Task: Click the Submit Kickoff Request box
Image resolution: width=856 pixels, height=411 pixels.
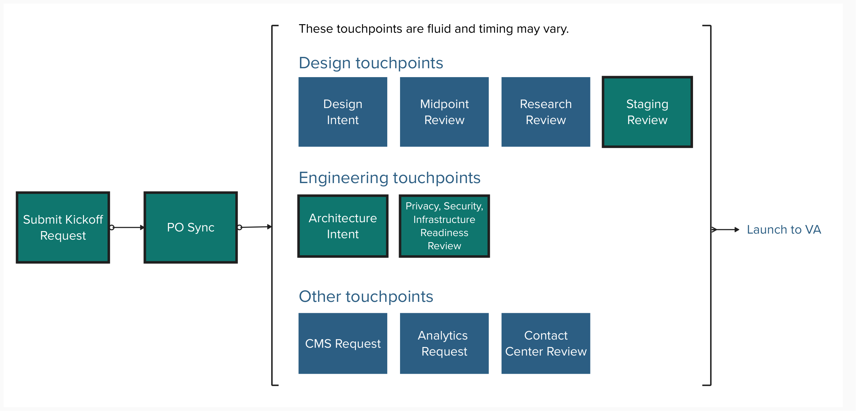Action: point(63,228)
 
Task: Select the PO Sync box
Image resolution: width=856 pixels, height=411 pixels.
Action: point(190,228)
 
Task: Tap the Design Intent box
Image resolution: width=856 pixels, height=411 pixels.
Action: point(343,112)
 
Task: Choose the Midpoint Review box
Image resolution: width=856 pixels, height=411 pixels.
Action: point(444,112)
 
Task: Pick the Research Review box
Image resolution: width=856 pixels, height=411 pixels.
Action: point(546,112)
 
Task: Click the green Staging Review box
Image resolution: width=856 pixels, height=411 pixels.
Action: point(647,112)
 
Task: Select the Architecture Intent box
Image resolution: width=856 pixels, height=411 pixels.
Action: point(343,226)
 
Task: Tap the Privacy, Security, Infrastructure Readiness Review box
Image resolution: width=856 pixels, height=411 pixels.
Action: point(444,226)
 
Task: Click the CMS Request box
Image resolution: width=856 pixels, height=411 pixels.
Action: point(343,343)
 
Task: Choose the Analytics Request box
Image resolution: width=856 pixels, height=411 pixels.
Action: point(444,343)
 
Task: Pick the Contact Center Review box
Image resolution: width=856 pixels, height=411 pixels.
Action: point(546,343)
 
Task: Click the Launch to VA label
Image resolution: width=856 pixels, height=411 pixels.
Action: point(784,230)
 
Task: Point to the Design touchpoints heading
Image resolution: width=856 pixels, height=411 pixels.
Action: point(371,63)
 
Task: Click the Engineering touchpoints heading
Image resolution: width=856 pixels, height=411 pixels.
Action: point(389,178)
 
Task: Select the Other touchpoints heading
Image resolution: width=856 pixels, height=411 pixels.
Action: point(366,297)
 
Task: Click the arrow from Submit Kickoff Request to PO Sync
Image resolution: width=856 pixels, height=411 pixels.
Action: point(127,228)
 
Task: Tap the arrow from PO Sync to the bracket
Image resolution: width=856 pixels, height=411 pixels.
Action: point(255,227)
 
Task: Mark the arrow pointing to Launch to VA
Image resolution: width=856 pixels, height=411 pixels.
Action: point(725,230)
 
